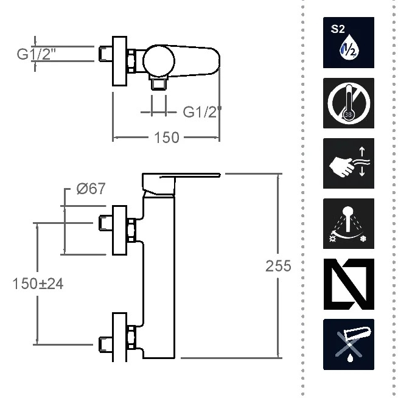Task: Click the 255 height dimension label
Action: (278, 267)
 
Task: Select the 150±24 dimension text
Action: (38, 284)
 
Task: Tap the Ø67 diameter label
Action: (91, 189)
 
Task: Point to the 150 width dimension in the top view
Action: (167, 138)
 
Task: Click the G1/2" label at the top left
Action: (37, 54)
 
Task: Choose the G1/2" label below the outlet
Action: (202, 112)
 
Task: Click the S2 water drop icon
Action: (349, 43)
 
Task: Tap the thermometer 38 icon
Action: (349, 103)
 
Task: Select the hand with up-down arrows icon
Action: (349, 163)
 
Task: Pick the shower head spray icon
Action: (349, 223)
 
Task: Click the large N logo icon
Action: (349, 284)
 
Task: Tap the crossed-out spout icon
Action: (349, 344)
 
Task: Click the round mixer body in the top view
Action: (159, 61)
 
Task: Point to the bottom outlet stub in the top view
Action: (159, 83)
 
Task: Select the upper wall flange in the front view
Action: (119, 230)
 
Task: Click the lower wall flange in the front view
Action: (119, 337)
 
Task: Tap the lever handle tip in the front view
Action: (220, 175)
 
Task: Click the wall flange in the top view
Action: (119, 61)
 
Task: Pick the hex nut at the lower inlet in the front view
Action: (131, 337)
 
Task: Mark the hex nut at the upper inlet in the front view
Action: (131, 229)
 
